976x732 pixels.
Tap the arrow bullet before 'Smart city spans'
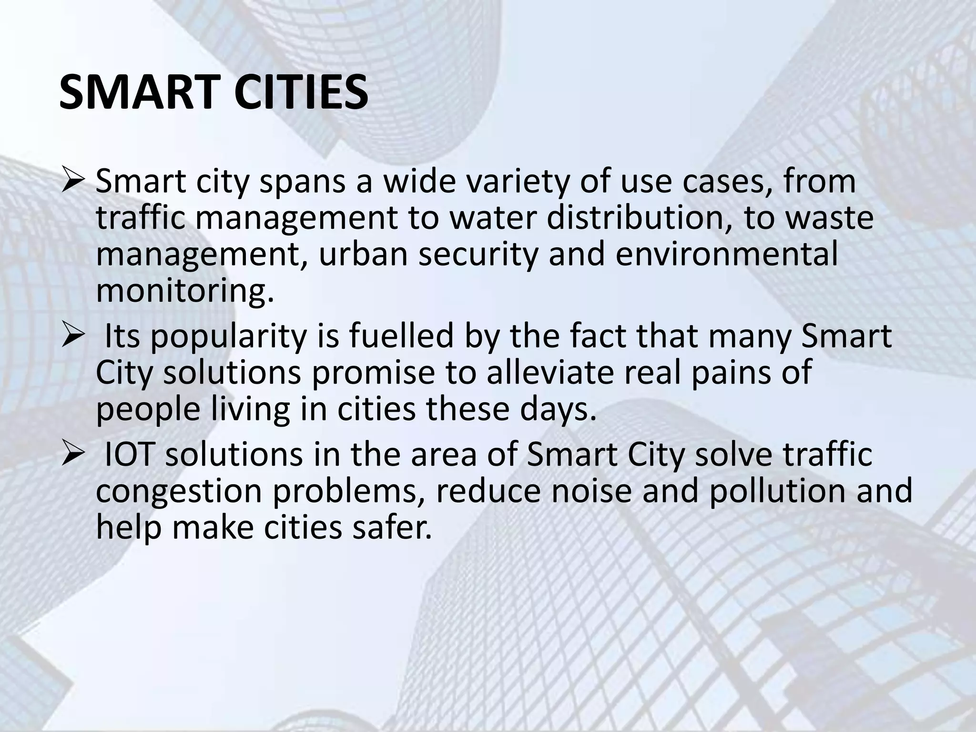pos(74,182)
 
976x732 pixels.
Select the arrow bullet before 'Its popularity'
pos(74,336)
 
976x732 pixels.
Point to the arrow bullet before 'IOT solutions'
pos(74,455)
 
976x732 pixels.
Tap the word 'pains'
pos(736,372)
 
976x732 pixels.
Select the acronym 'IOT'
pos(131,455)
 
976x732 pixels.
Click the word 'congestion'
pos(179,491)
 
